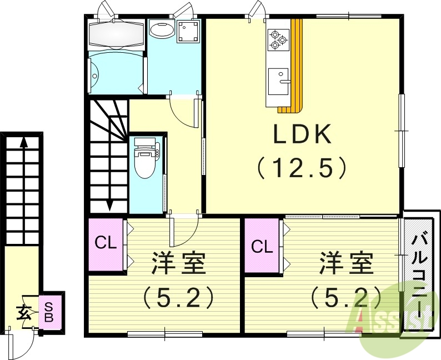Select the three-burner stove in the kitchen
[x=278, y=39]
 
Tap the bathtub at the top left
[x=116, y=35]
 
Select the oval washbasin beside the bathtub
[x=162, y=30]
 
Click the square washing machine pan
[x=189, y=32]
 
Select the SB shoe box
[x=49, y=312]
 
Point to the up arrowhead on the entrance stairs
[x=23, y=142]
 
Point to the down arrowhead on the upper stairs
[x=109, y=206]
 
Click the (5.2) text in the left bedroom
[x=179, y=298]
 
